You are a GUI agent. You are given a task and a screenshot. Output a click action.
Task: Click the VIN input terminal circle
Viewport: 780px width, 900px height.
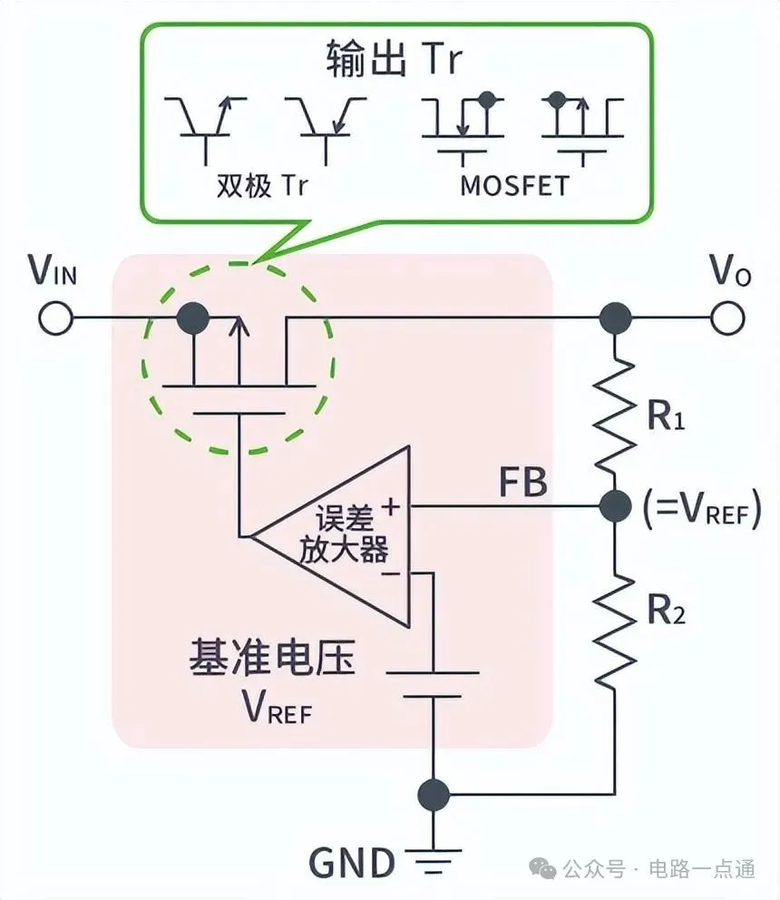pos(54,318)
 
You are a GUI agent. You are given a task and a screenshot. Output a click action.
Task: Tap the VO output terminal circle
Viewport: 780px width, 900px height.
pos(727,318)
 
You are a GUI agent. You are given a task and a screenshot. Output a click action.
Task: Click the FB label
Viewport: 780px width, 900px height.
pos(523,483)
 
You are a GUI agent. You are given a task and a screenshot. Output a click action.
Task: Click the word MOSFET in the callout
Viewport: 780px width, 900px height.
pos(515,185)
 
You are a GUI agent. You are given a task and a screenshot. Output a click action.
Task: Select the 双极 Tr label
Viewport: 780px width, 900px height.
pos(262,185)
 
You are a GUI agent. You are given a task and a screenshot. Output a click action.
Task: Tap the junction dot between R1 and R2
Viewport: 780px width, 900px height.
pos(617,505)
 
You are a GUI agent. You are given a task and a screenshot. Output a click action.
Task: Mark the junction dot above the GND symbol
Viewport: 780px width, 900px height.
pos(434,794)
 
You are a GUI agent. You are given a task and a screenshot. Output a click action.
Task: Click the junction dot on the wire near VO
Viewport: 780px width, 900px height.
pos(617,318)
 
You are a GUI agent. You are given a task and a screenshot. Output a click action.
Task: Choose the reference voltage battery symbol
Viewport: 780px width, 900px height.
pos(434,685)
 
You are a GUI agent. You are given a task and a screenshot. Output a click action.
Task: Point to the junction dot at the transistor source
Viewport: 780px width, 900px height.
pos(192,318)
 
